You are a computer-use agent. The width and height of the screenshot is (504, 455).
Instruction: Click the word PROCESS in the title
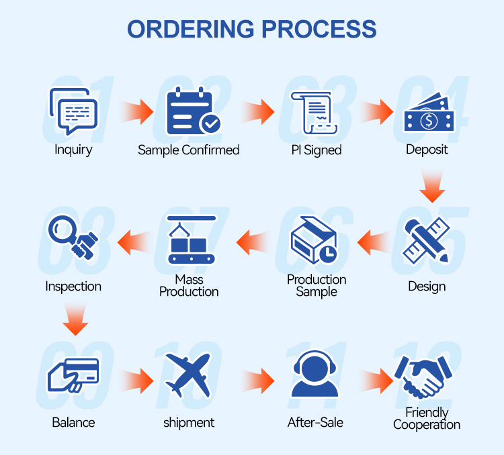coord(319,29)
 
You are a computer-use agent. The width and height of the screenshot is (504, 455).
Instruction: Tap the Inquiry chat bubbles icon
coord(73,111)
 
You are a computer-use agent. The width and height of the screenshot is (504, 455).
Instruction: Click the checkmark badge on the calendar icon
coord(210,123)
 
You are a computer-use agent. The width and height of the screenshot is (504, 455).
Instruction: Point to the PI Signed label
coord(317,150)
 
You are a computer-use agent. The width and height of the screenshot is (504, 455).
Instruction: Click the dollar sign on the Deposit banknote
coord(429,121)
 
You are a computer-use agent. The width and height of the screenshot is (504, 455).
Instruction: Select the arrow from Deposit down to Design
coord(432,187)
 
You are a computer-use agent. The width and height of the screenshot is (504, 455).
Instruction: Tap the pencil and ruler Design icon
coord(427,241)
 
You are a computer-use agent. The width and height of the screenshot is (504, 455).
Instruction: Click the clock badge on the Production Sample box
coord(328,254)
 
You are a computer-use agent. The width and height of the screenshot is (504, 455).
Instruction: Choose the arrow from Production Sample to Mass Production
coord(253,242)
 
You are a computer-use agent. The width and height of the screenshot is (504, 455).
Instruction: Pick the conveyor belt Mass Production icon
coord(192,240)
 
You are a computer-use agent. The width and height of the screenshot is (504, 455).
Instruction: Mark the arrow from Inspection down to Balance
coord(75,319)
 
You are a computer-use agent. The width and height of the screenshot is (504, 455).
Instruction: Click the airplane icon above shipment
coord(188,375)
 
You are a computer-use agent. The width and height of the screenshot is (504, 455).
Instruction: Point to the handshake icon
coord(423,377)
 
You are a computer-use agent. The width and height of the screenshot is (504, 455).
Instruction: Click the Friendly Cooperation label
coord(427,418)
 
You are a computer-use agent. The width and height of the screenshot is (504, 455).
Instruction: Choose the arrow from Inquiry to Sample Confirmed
coord(137,111)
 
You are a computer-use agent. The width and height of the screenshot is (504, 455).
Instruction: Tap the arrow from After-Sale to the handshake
coord(376,381)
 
